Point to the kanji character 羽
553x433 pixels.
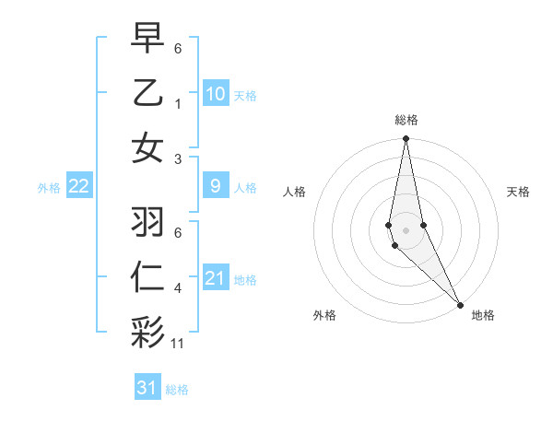pos(147,222)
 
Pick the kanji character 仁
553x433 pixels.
pos(147,278)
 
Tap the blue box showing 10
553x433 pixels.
pos(215,94)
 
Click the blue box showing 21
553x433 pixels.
pos(215,278)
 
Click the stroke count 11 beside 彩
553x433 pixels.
pos(178,344)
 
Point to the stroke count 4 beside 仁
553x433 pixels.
pos(178,288)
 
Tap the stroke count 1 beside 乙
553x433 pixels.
pos(178,103)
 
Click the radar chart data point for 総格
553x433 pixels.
pos(406,140)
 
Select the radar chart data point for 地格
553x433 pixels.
pos(460,304)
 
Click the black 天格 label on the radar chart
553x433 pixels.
pos(518,192)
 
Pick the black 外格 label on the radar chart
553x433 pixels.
pos(324,315)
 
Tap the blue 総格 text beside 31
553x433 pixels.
pos(177,389)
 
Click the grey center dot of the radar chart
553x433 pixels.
pos(406,230)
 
